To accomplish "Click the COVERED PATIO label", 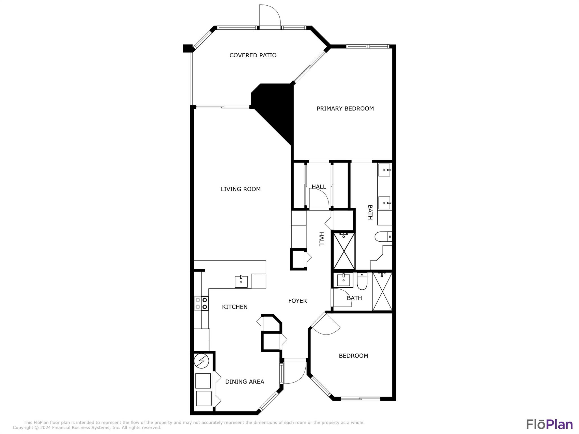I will pyautogui.click(x=253, y=55).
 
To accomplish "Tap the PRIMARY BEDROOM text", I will pyautogui.click(x=345, y=108).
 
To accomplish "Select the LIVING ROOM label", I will pyautogui.click(x=241, y=189).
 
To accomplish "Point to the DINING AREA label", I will pyautogui.click(x=245, y=382).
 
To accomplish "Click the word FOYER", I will pyautogui.click(x=297, y=301).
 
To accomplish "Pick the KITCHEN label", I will pyautogui.click(x=235, y=307).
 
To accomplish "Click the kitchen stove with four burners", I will pyautogui.click(x=201, y=303).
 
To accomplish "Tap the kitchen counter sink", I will pyautogui.click(x=241, y=281).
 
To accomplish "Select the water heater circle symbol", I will pyautogui.click(x=201, y=361).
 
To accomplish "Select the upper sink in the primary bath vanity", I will pyautogui.click(x=384, y=170).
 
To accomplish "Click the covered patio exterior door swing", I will pyautogui.click(x=270, y=16).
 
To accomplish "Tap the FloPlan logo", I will pyautogui.click(x=549, y=424).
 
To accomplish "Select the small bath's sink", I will pyautogui.click(x=343, y=280).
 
